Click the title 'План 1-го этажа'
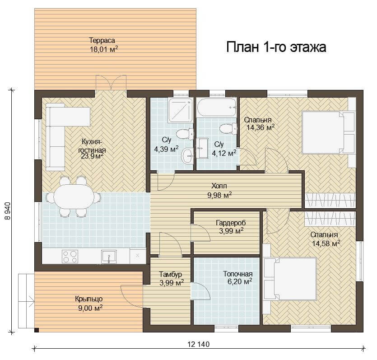pos(276,47)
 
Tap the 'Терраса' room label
pos(102,40)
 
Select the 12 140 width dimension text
pos(198,344)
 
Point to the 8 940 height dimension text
pos(8,211)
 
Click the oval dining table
pos(74,196)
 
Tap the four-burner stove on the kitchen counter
pos(70,257)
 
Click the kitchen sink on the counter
pos(109,257)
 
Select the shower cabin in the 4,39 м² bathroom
pos(181,110)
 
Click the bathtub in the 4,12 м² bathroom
pos(217,107)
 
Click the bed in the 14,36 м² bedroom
pos(328,132)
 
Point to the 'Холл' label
pos(219,186)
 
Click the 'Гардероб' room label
pos(231,223)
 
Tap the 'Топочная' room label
pos(238,274)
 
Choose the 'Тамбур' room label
pos(171,274)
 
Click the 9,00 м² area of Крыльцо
pos(90,308)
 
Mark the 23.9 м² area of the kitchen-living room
pos(93,156)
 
